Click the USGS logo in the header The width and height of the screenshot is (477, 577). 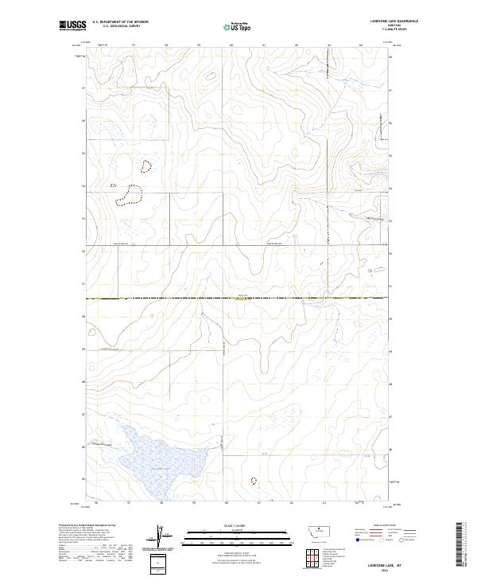72,25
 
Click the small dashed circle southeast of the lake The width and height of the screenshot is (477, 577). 254,481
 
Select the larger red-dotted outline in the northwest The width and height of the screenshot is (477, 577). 126,195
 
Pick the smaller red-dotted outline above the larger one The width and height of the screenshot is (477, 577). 145,166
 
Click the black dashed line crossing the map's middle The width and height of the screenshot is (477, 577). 238,298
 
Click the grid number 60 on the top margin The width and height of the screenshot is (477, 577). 231,45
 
